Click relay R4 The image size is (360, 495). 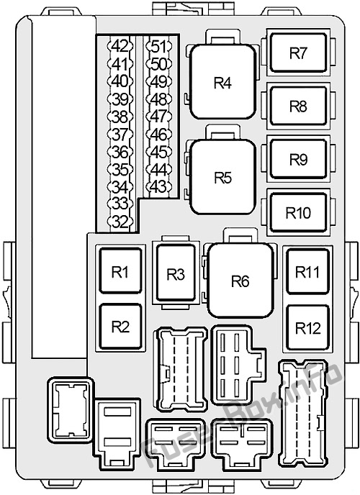pyautogui.click(x=222, y=82)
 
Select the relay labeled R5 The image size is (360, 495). pyautogui.click(x=222, y=177)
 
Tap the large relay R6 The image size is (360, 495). pyautogui.click(x=240, y=280)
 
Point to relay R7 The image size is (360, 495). pyautogui.click(x=298, y=53)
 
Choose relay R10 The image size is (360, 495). pyautogui.click(x=298, y=212)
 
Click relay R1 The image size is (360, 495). pyautogui.click(x=120, y=271)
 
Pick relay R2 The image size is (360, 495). pyautogui.click(x=120, y=327)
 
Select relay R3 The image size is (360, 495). pyautogui.click(x=176, y=273)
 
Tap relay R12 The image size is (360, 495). pyautogui.click(x=308, y=327)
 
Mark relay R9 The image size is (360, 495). pyautogui.click(x=298, y=159)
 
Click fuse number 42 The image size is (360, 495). pyautogui.click(x=121, y=46)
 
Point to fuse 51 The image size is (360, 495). pyautogui.click(x=159, y=46)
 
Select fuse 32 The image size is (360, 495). pyautogui.click(x=121, y=222)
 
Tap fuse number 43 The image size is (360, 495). pyautogui.click(x=159, y=186)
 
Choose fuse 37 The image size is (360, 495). pyautogui.click(x=121, y=135)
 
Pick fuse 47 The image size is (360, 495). pyautogui.click(x=159, y=116)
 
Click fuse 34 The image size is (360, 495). pyautogui.click(x=121, y=187)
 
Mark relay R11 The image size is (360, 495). pyautogui.click(x=308, y=271)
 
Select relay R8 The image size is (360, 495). pyautogui.click(x=298, y=106)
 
